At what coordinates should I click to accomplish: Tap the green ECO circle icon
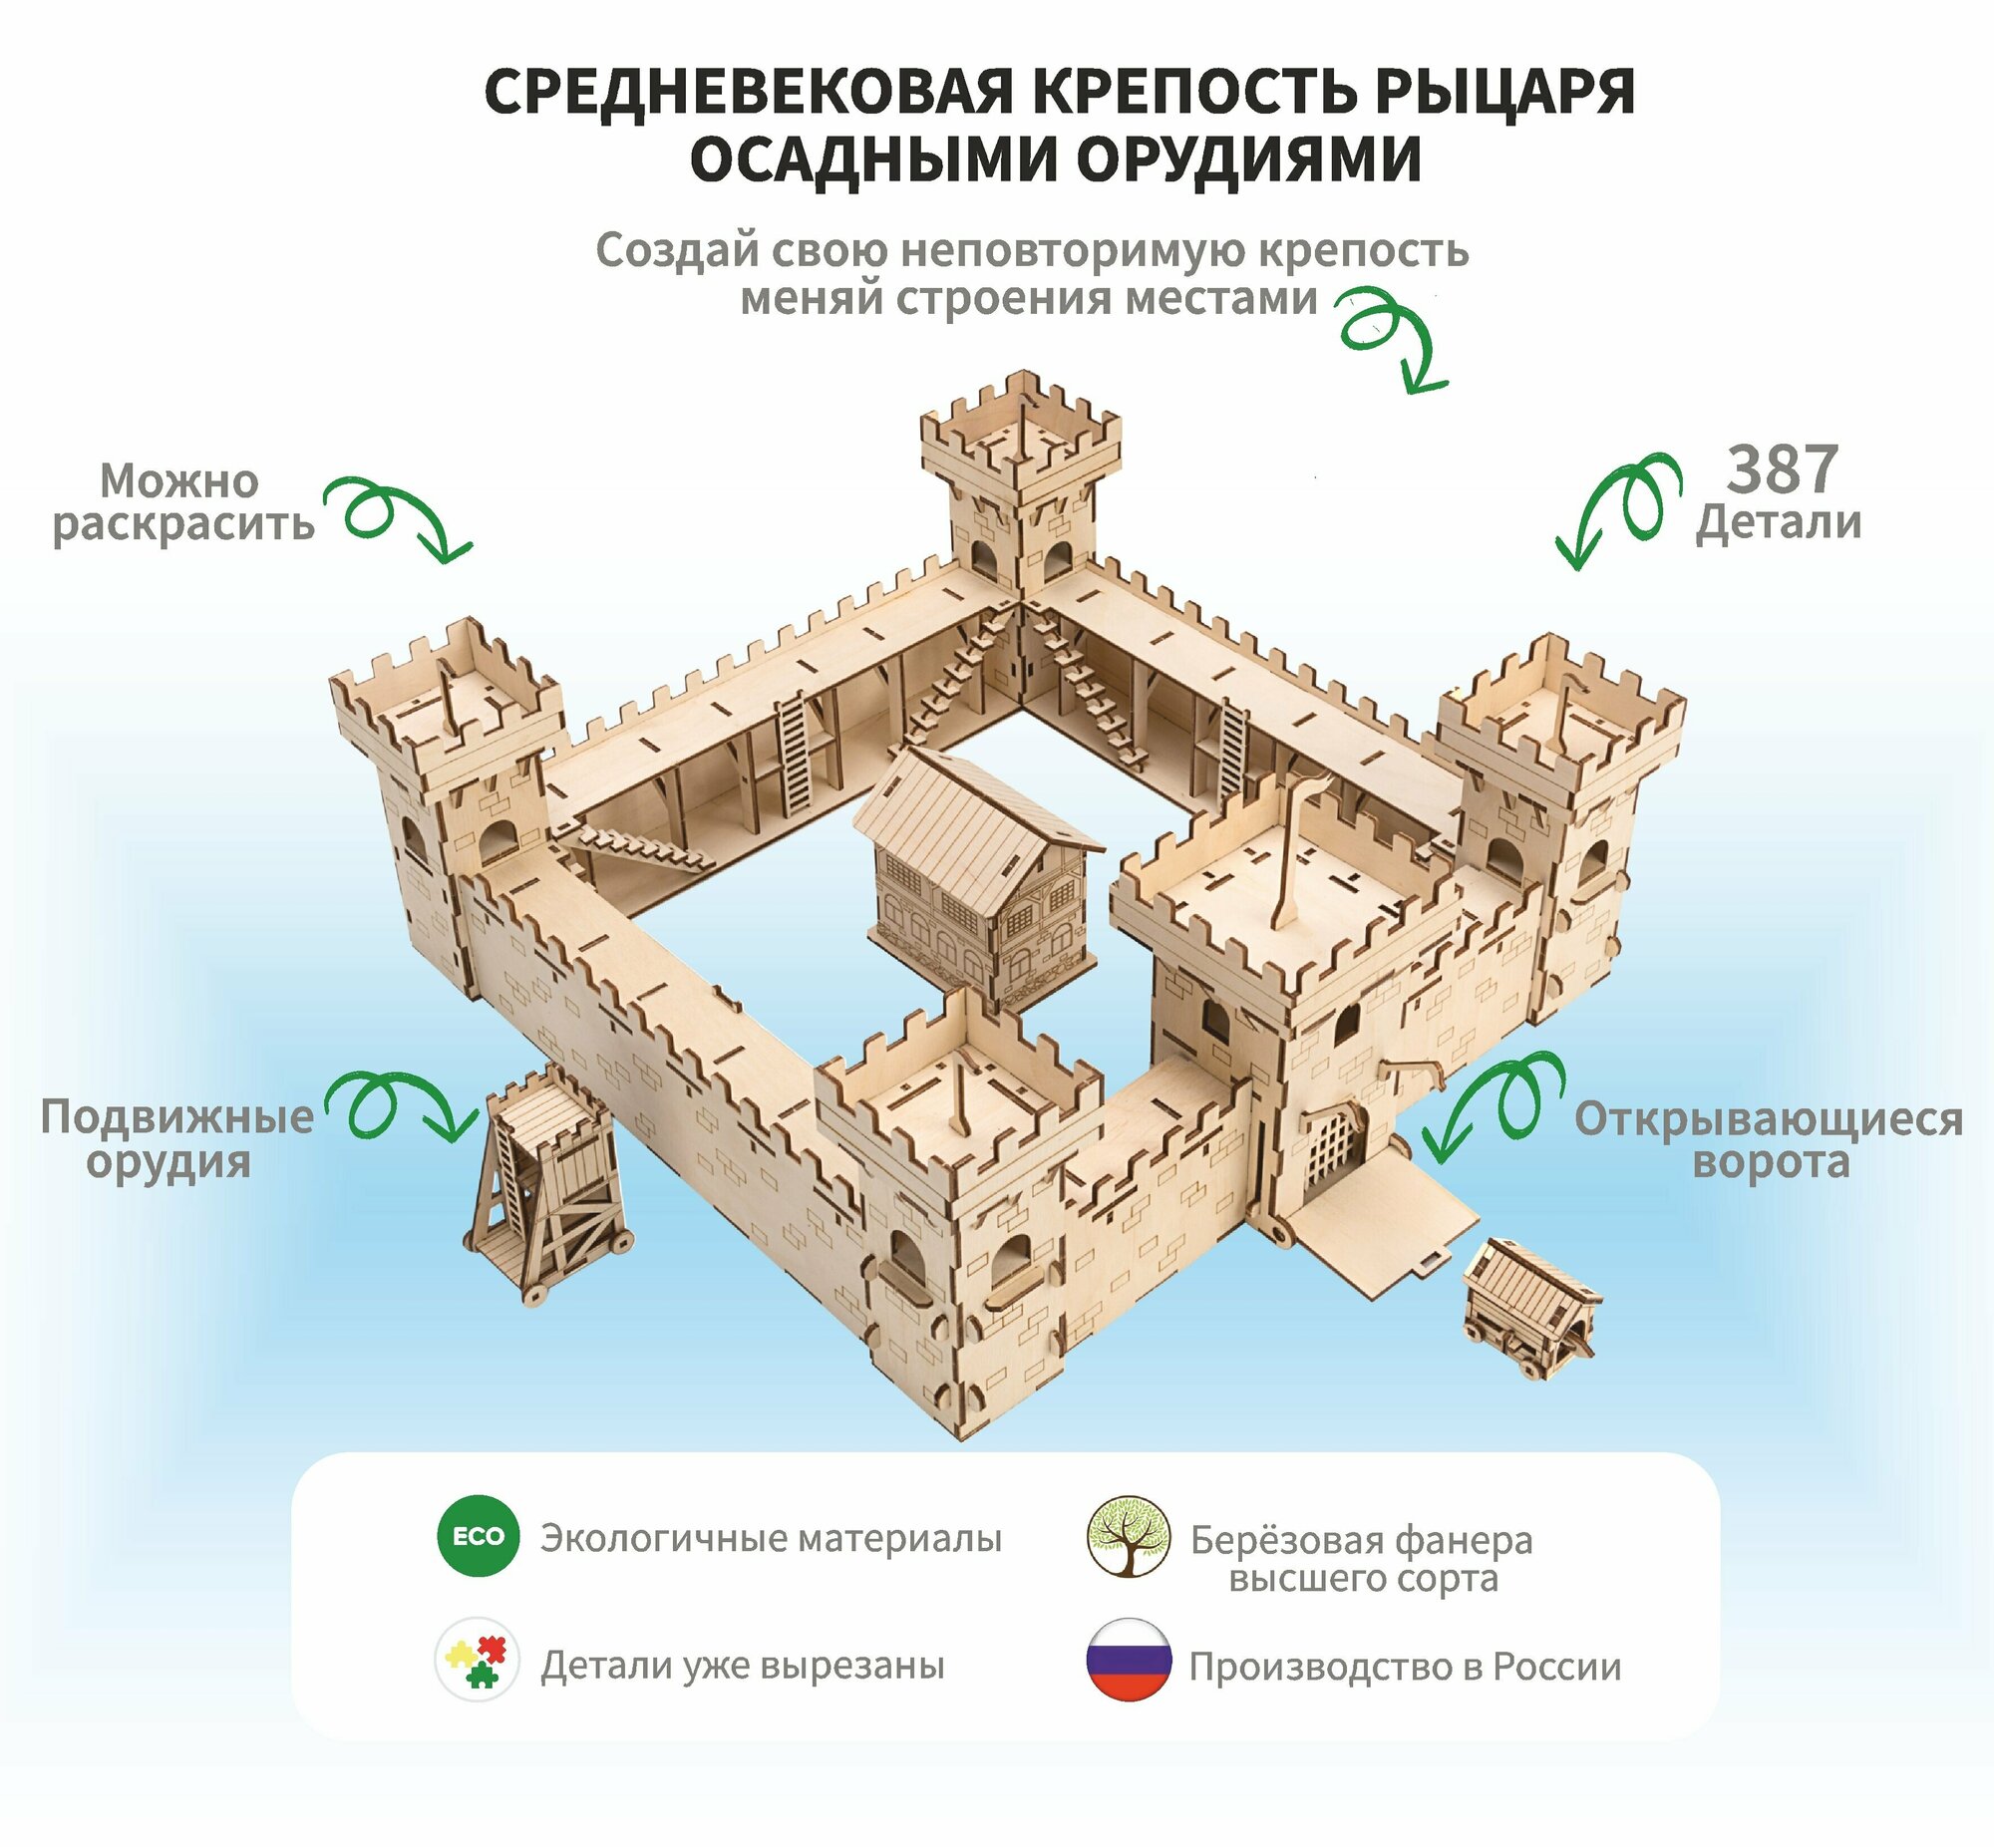(x=478, y=1536)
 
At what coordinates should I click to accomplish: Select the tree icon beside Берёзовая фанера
(x=1129, y=1536)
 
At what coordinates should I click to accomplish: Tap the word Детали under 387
(x=1779, y=522)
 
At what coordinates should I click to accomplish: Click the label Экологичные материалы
(x=771, y=1538)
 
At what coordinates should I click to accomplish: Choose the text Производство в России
(x=1405, y=1667)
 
